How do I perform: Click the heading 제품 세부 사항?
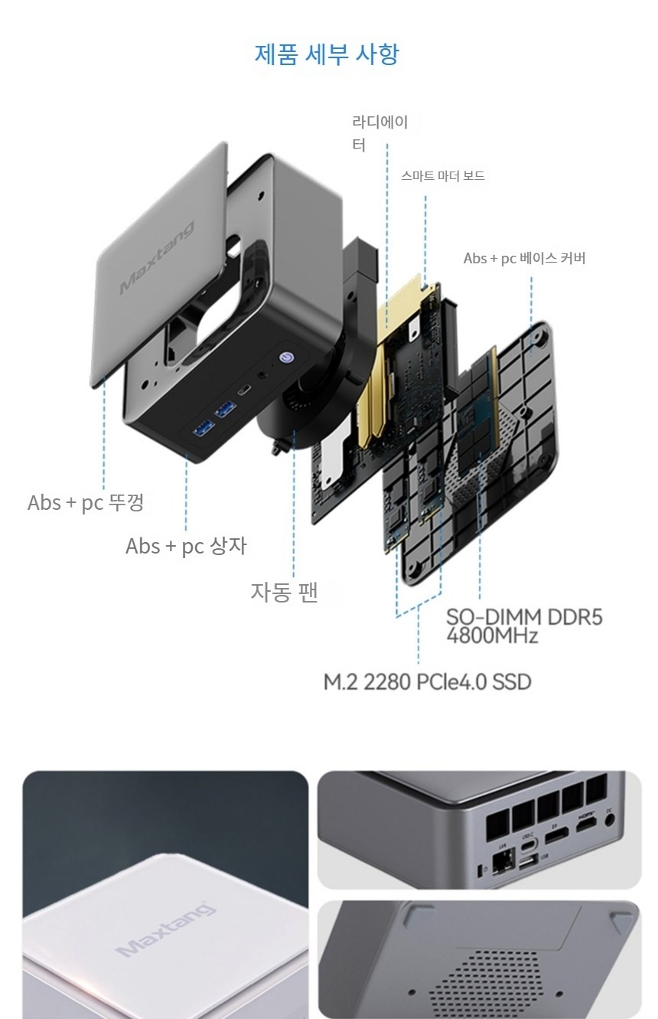(x=327, y=54)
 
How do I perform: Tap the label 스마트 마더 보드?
(x=443, y=176)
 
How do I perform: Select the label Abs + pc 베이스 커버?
(x=524, y=258)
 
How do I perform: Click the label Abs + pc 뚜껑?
(x=86, y=503)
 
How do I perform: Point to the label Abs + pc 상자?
(x=186, y=546)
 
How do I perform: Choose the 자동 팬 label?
(x=284, y=592)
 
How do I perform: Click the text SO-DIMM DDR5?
(x=524, y=617)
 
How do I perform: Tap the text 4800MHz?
(x=492, y=636)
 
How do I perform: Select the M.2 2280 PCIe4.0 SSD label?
(x=427, y=681)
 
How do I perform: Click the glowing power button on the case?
(x=286, y=357)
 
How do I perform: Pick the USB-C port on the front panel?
(x=243, y=390)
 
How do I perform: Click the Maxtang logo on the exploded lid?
(x=158, y=257)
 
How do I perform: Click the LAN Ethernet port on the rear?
(x=503, y=861)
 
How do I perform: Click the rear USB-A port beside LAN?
(x=527, y=864)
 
